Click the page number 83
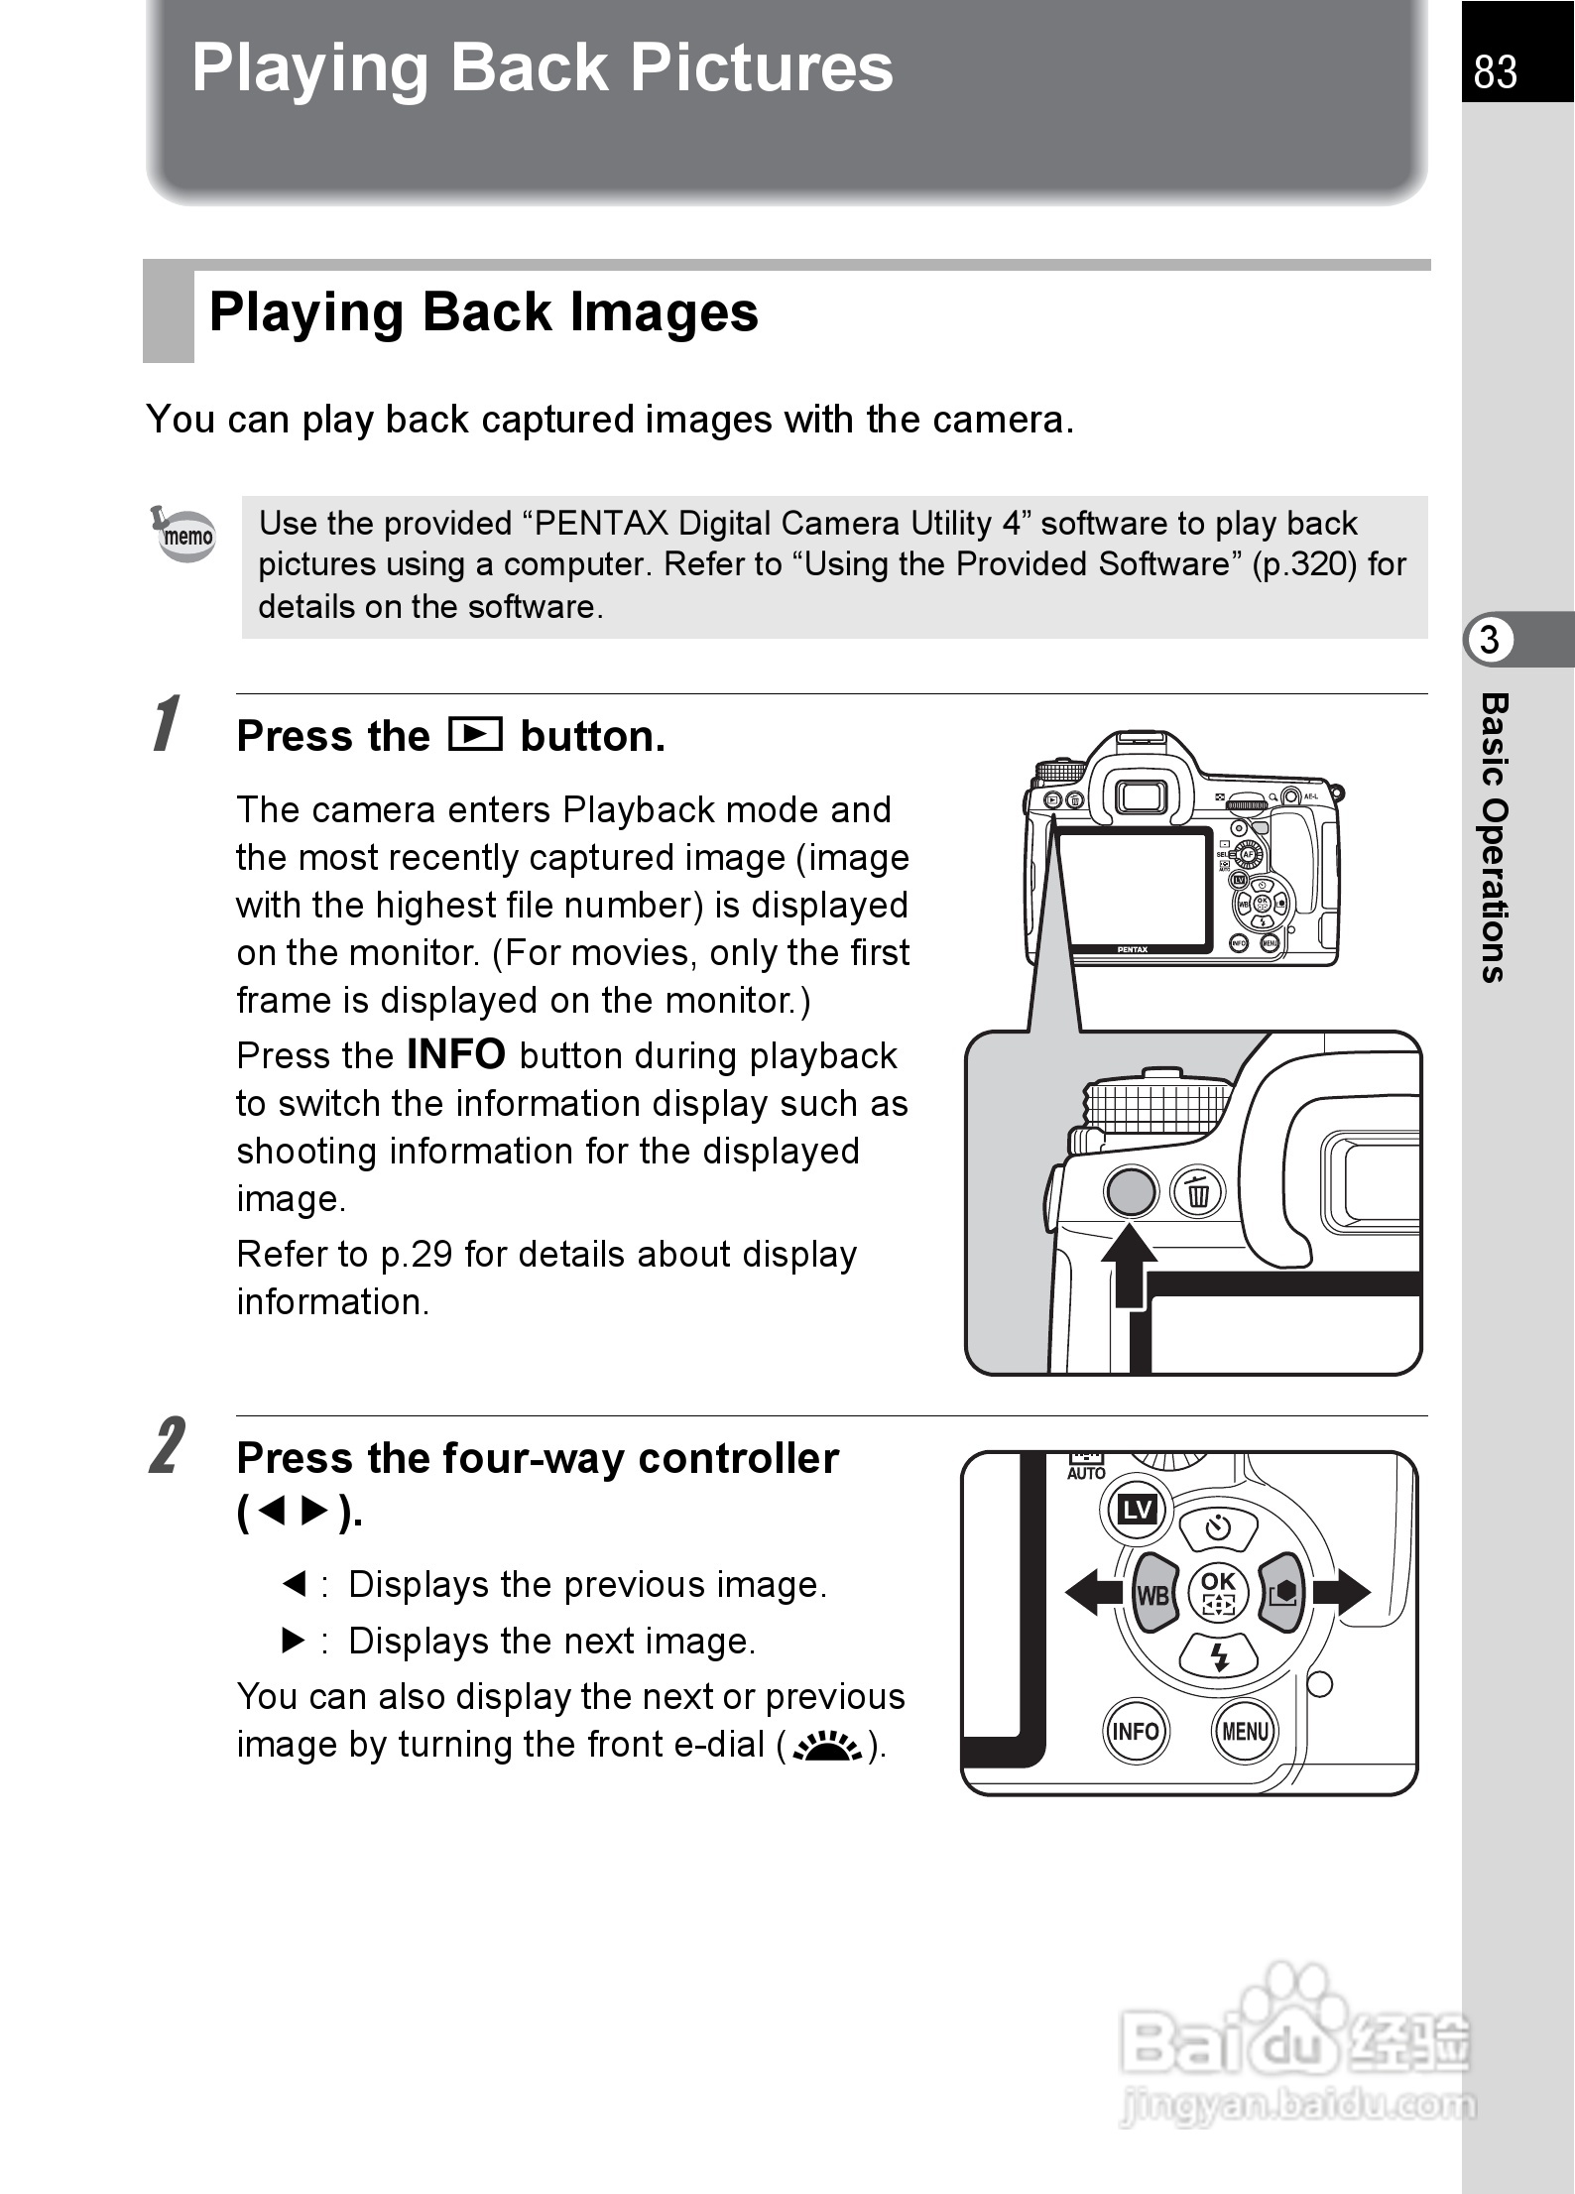coord(1495,71)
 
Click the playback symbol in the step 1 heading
coord(475,735)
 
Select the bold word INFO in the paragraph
coord(456,1054)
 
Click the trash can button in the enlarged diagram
coord(1198,1192)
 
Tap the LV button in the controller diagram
coord(1137,1510)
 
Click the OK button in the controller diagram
coord(1218,1592)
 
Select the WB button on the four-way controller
coord(1152,1593)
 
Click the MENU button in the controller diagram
coord(1245,1732)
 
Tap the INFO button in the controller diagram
coord(1136,1732)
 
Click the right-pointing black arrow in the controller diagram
coord(1341,1592)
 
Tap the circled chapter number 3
coord(1489,640)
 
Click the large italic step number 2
coord(167,1446)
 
